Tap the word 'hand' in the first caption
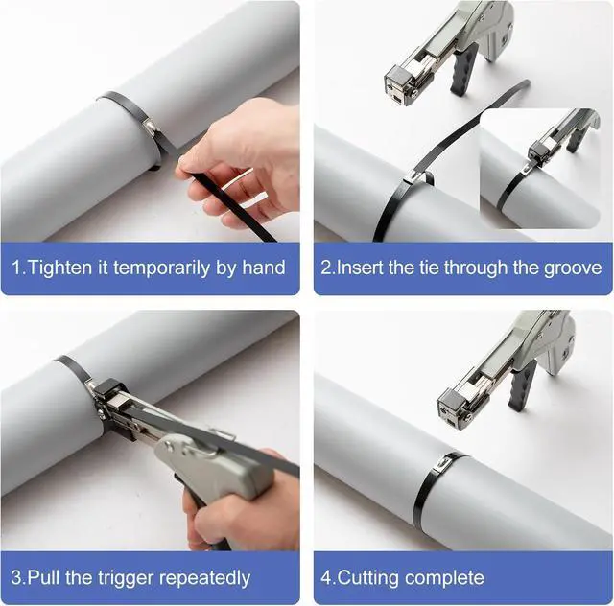(263, 268)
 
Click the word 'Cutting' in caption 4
(368, 578)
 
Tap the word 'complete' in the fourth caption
(444, 579)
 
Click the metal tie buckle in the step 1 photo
(151, 126)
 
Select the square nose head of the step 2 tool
(400, 85)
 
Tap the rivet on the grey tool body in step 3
(169, 445)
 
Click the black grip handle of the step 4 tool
(522, 385)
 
